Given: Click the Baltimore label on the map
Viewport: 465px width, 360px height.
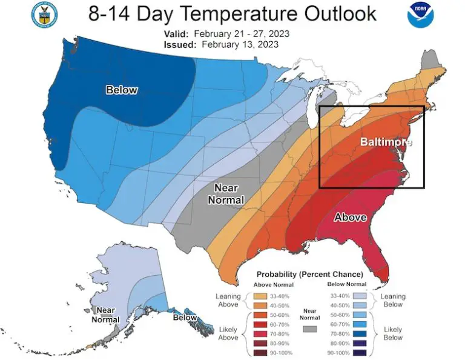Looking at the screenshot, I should (386, 142).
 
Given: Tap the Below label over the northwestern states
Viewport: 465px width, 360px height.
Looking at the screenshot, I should (122, 90).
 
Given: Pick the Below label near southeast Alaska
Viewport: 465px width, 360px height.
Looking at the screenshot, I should (185, 318).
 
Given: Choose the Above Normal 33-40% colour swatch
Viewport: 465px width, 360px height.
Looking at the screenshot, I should (262, 295).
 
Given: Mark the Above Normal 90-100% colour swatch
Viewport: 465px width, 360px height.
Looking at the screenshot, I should (262, 353).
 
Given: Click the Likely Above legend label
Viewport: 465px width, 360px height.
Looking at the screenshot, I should (228, 333).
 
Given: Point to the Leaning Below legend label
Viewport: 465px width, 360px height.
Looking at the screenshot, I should (394, 300).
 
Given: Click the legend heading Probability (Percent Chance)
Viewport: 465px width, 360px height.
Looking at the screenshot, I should (309, 274).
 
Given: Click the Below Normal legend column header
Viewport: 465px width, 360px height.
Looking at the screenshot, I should (346, 284).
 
